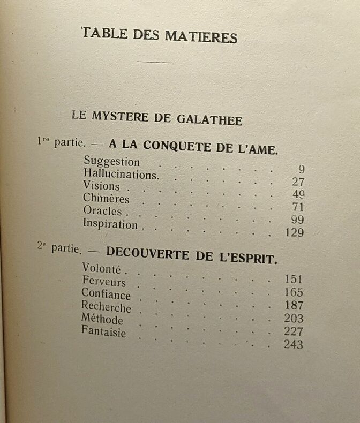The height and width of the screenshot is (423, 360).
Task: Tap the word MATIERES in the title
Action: [203, 37]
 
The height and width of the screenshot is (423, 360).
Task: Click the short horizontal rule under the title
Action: [155, 62]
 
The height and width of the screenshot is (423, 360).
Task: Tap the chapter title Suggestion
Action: [111, 161]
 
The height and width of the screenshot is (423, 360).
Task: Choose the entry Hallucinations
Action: [121, 174]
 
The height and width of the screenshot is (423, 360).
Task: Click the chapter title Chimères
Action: [106, 198]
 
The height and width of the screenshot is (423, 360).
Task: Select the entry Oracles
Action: [102, 211]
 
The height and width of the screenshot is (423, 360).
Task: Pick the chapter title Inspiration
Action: [110, 224]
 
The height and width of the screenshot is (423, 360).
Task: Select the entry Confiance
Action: [106, 294]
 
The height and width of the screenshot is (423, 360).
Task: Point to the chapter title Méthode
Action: [102, 320]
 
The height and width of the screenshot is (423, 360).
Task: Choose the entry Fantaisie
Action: [103, 332]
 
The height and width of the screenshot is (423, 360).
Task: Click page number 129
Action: [294, 233]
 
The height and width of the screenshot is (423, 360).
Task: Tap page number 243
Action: [293, 345]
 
